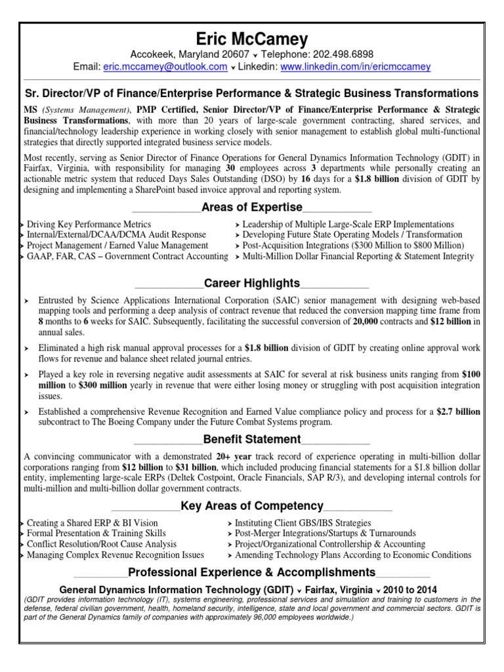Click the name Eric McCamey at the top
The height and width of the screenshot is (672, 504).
tap(251, 39)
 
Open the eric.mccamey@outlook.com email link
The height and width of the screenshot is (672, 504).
tap(165, 67)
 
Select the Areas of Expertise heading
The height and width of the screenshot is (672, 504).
tap(252, 208)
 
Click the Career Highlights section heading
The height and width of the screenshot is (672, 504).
tap(252, 283)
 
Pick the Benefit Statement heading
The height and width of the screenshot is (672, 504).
tap(252, 439)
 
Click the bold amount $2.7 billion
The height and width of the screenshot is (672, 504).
tap(458, 411)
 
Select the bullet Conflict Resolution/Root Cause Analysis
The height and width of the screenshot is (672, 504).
tap(102, 544)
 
